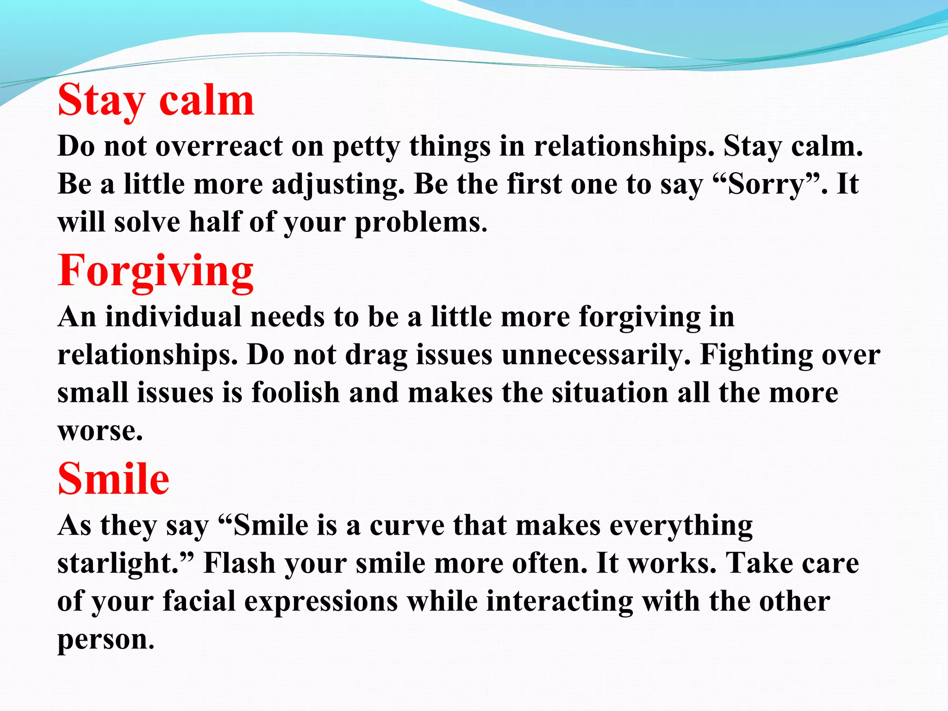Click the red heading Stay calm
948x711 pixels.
pyautogui.click(x=156, y=101)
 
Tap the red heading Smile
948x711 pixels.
pyautogui.click(x=113, y=480)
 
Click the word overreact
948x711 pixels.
pyautogui.click(x=218, y=146)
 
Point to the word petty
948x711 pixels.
pyautogui.click(x=366, y=147)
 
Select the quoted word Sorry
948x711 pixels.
pyautogui.click(x=767, y=184)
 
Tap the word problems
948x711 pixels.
pyautogui.click(x=420, y=222)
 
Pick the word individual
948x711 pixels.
pyautogui.click(x=174, y=318)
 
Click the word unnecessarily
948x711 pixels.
pyautogui.click(x=595, y=355)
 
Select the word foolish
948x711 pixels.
pyautogui.click(x=295, y=393)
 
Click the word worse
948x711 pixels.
pyautogui.click(x=100, y=431)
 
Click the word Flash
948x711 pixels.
pyautogui.click(x=239, y=564)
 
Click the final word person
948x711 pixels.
pyautogui.click(x=105, y=640)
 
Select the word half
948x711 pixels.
pyautogui.click(x=214, y=222)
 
